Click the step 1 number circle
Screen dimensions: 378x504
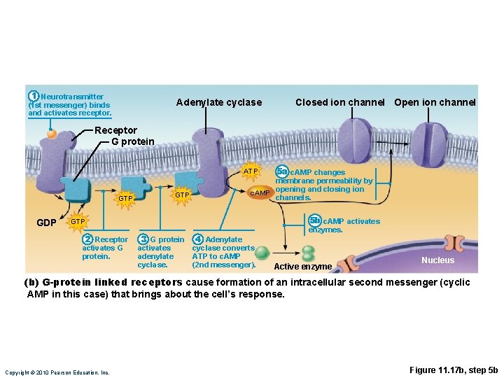tap(33, 96)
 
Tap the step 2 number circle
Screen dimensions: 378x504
tap(87, 239)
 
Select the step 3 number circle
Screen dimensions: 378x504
tap(143, 239)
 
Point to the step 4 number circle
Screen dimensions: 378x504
tap(198, 239)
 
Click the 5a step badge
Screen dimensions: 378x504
tap(281, 171)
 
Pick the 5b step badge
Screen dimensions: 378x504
tap(315, 220)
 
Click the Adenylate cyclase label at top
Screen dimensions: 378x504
tap(218, 103)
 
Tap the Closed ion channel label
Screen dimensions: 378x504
tap(339, 103)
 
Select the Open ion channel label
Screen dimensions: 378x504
tap(435, 103)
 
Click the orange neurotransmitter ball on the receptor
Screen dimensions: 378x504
tap(52, 133)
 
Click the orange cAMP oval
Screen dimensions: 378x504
tap(260, 193)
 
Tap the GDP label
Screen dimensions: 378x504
tap(46, 223)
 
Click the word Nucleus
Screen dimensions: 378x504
tap(437, 260)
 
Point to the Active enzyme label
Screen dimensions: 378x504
tap(302, 267)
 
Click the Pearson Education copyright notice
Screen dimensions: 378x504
tap(57, 372)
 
